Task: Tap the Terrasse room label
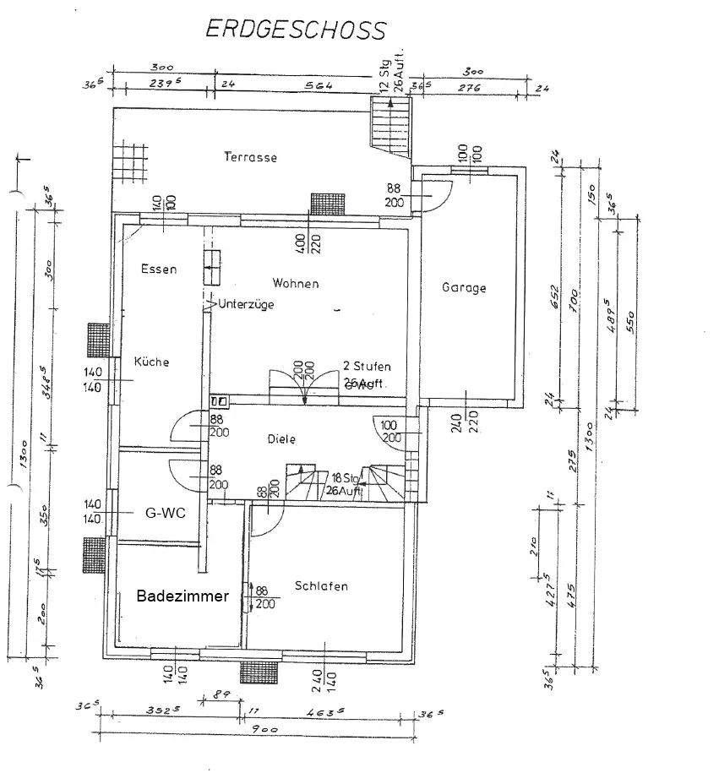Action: [x=250, y=157]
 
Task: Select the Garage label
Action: [x=464, y=287]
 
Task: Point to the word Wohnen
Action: [x=296, y=283]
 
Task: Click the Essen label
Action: [x=159, y=269]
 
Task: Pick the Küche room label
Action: [x=152, y=362]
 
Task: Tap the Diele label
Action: [x=281, y=439]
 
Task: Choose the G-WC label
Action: [x=165, y=512]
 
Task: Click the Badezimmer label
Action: [x=182, y=596]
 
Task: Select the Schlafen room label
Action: [x=321, y=585]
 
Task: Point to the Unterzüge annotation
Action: [x=246, y=304]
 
